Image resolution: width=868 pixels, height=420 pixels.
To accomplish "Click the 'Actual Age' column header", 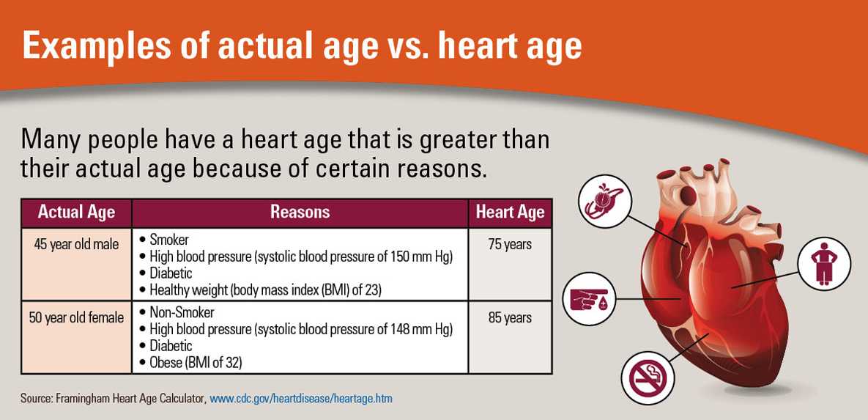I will tap(76, 213).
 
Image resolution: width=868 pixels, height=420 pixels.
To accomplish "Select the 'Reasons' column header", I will tap(300, 213).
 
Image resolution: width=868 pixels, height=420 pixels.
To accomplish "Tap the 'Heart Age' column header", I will tap(510, 213).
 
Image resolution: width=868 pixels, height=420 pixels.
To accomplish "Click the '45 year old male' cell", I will tap(76, 244).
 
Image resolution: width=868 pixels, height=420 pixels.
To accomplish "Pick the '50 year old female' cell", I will tap(76, 317).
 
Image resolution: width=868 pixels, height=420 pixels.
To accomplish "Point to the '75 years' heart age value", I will tap(510, 244).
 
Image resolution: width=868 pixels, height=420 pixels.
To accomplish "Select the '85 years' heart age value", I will tap(510, 317).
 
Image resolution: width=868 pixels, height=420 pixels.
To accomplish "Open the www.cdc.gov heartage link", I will tap(301, 399).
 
